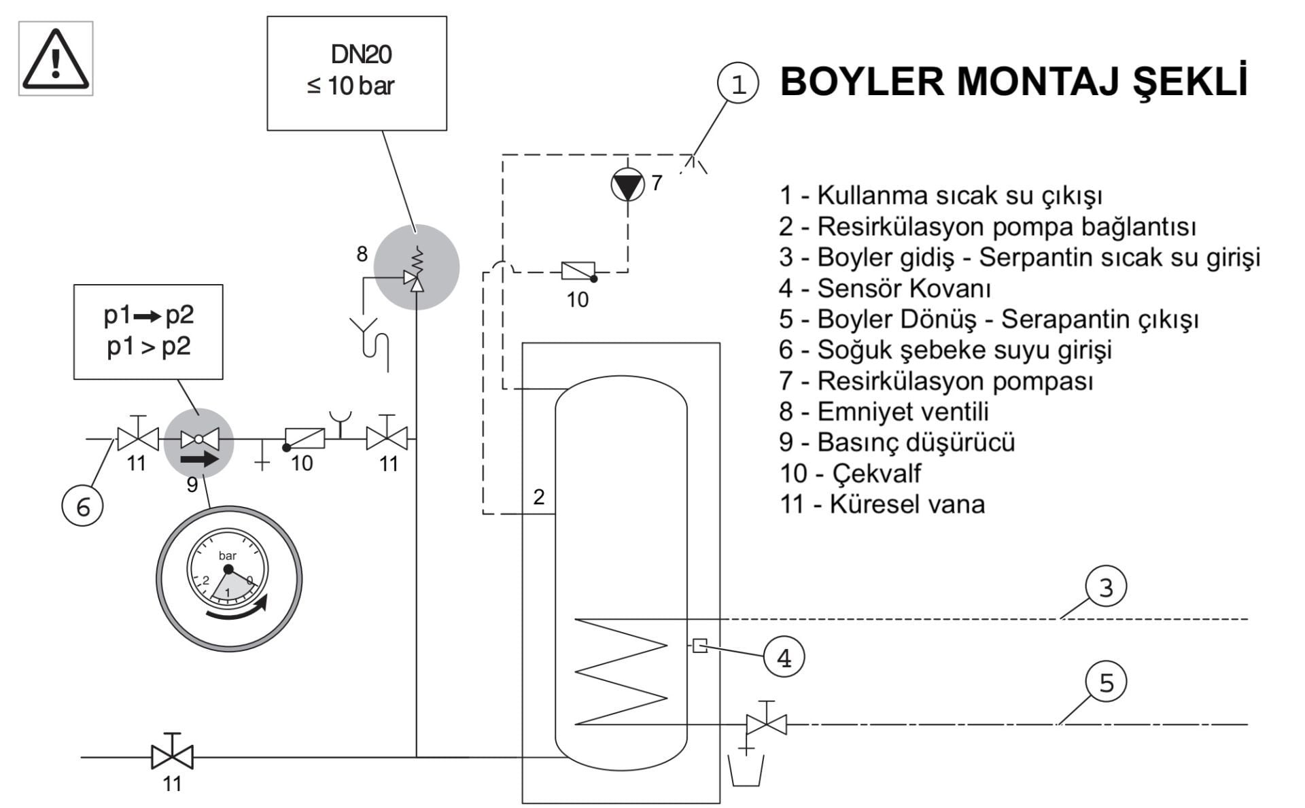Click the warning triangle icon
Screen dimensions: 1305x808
(x=56, y=59)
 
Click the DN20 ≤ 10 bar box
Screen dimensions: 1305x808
(x=357, y=73)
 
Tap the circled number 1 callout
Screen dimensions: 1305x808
(x=737, y=84)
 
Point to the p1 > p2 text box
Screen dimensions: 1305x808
(x=148, y=332)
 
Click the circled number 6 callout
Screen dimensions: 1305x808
(x=82, y=506)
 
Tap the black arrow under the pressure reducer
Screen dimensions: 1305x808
(x=200, y=459)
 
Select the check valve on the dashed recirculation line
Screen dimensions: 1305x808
(x=578, y=271)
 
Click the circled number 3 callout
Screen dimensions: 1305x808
(x=1106, y=587)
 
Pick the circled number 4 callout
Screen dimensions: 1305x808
(x=784, y=658)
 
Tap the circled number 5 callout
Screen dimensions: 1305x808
(x=1106, y=682)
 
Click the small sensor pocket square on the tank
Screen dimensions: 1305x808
(x=699, y=646)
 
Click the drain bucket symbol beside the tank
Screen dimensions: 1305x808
(x=746, y=770)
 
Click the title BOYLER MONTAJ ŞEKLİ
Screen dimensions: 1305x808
(x=1013, y=82)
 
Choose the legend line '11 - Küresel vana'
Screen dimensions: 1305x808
(x=882, y=504)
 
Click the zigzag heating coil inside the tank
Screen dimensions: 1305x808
(x=621, y=671)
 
